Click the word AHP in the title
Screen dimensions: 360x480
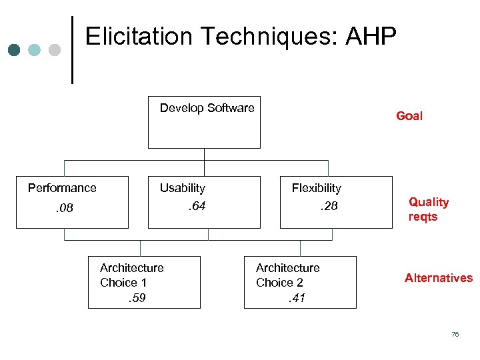click(x=370, y=37)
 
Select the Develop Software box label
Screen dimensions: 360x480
click(x=207, y=108)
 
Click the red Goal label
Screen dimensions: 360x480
click(x=409, y=116)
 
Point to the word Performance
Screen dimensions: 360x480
click(x=62, y=188)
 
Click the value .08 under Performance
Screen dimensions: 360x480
click(x=64, y=209)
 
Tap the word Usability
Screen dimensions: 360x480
click(x=182, y=189)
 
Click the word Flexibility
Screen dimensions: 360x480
click(x=316, y=189)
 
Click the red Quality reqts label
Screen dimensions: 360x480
click(x=428, y=209)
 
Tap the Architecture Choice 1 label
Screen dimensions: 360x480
click(x=131, y=275)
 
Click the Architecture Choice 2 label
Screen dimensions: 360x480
click(x=287, y=275)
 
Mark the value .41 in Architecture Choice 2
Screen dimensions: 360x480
click(x=295, y=298)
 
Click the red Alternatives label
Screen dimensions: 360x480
click(x=438, y=278)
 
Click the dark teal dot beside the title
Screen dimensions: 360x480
click(x=15, y=50)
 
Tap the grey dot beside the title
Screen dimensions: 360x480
click(x=55, y=50)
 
